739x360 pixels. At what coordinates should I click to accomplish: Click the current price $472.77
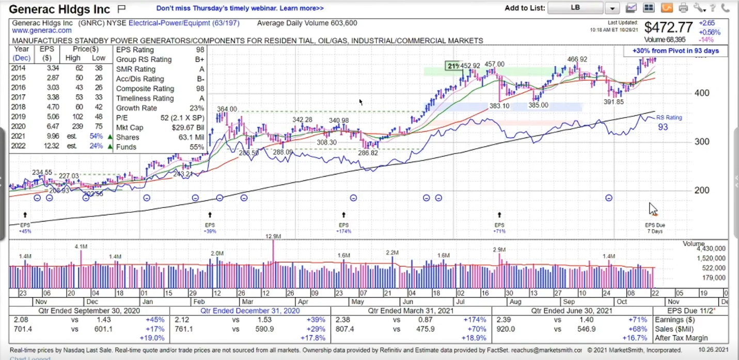(x=668, y=27)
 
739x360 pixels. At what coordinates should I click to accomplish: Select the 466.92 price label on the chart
(x=577, y=59)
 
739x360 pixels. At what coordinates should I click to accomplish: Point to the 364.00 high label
(x=227, y=109)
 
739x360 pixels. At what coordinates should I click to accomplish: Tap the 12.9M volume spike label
(x=273, y=236)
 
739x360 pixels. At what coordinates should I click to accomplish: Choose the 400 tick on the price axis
(x=702, y=93)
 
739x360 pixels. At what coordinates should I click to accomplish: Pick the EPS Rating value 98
(x=200, y=50)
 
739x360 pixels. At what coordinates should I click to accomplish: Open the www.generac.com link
(x=42, y=31)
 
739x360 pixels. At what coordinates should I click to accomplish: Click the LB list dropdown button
(x=612, y=8)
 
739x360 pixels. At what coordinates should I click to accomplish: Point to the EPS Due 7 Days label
(x=655, y=228)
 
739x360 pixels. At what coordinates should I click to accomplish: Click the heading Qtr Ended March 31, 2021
(x=411, y=310)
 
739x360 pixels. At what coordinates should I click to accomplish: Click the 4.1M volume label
(x=81, y=247)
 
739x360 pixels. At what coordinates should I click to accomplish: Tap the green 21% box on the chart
(x=453, y=66)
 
